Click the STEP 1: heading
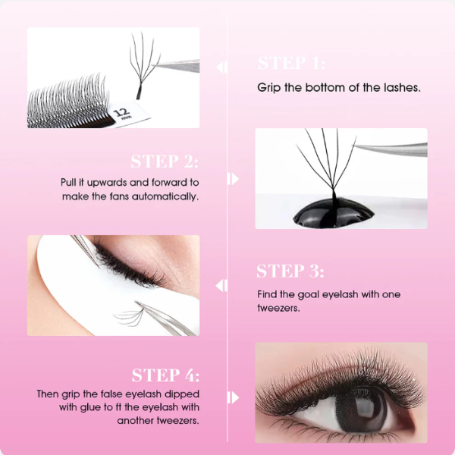point(291,63)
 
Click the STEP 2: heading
point(165,162)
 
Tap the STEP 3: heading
point(290,271)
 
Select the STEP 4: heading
point(165,375)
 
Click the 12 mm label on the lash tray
point(122,113)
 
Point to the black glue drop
point(333,213)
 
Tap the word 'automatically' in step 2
point(165,196)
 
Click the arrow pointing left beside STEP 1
point(221,67)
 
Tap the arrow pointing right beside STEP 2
point(233,178)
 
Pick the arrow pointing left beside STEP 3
point(221,286)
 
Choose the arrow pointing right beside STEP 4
point(233,397)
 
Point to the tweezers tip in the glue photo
point(355,145)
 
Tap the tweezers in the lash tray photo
point(176,66)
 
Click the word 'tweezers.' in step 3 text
point(278,308)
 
